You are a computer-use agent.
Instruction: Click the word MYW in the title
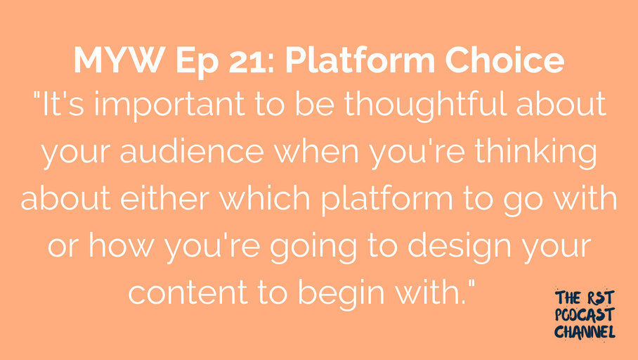click(119, 60)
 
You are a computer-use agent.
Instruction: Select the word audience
click(192, 151)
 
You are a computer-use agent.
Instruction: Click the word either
click(165, 198)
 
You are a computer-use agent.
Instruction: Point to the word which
click(266, 198)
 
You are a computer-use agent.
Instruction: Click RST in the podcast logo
click(600, 298)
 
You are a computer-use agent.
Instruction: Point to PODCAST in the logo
click(585, 315)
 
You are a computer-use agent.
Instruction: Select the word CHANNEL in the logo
click(585, 331)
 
